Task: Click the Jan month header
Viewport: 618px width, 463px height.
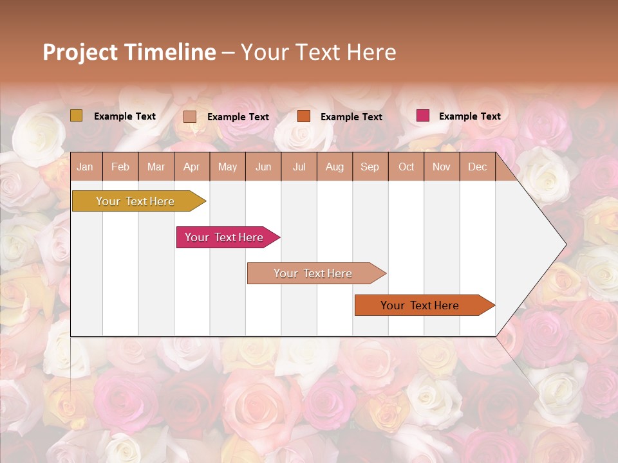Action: point(85,167)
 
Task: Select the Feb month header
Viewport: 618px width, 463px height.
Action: point(120,167)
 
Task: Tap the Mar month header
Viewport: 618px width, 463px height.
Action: point(156,167)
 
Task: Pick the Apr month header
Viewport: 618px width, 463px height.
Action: point(192,167)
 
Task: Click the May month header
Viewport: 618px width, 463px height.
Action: point(227,167)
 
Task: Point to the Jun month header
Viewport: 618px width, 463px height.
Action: point(263,167)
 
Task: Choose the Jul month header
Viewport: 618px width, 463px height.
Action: point(299,167)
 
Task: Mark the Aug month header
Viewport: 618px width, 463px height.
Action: point(335,167)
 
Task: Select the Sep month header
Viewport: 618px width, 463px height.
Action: point(370,167)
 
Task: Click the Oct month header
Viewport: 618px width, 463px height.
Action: point(406,167)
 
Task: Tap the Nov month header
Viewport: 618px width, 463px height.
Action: point(442,167)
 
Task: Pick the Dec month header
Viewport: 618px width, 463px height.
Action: point(478,167)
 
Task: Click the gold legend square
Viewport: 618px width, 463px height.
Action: point(77,116)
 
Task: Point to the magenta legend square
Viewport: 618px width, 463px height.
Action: point(422,116)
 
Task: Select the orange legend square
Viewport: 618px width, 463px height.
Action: point(304,116)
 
